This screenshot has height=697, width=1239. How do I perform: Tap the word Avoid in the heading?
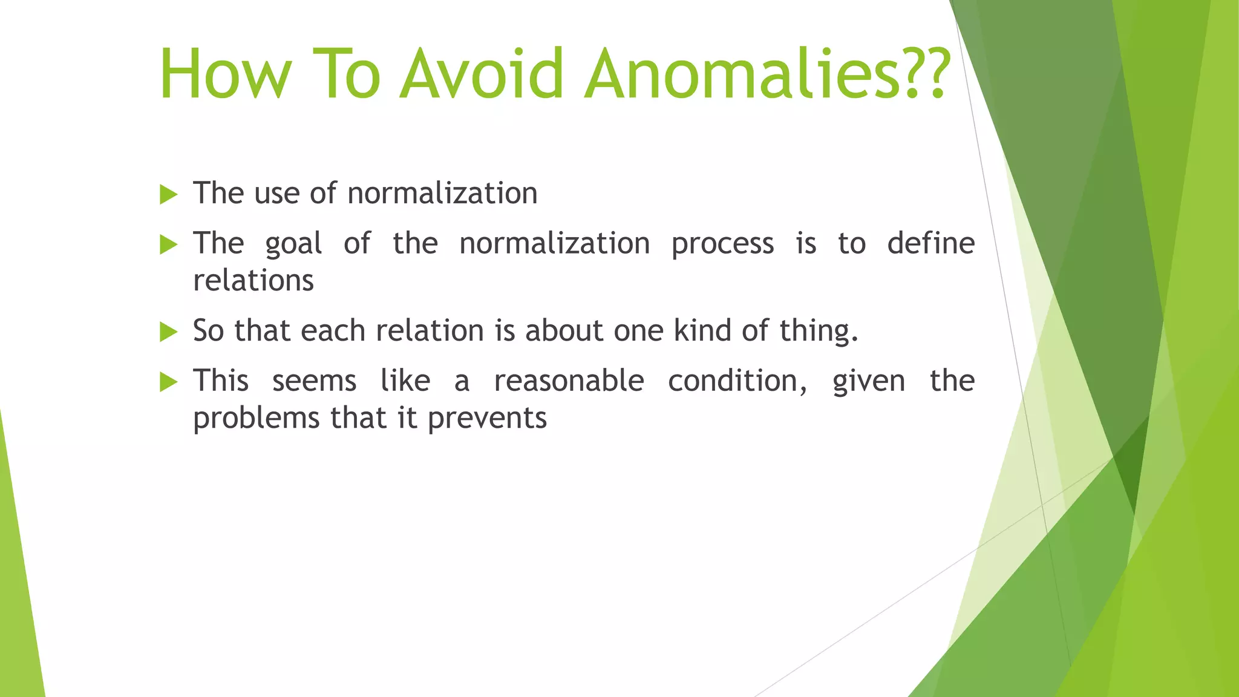(x=482, y=74)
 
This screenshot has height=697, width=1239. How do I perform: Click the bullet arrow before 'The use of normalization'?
(x=168, y=195)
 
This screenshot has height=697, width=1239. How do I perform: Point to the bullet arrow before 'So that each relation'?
(x=168, y=332)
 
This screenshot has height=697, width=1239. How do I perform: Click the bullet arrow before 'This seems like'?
(x=168, y=382)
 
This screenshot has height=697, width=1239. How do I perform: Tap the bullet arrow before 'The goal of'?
(x=168, y=244)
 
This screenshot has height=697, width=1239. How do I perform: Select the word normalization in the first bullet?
(x=442, y=194)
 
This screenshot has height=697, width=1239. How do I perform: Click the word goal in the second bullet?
(x=293, y=244)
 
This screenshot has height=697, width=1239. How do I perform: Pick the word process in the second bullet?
(x=722, y=244)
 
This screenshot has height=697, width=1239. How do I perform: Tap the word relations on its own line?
(x=253, y=281)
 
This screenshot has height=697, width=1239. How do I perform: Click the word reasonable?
(x=569, y=381)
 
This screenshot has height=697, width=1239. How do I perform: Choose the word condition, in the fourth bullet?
(x=737, y=381)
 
